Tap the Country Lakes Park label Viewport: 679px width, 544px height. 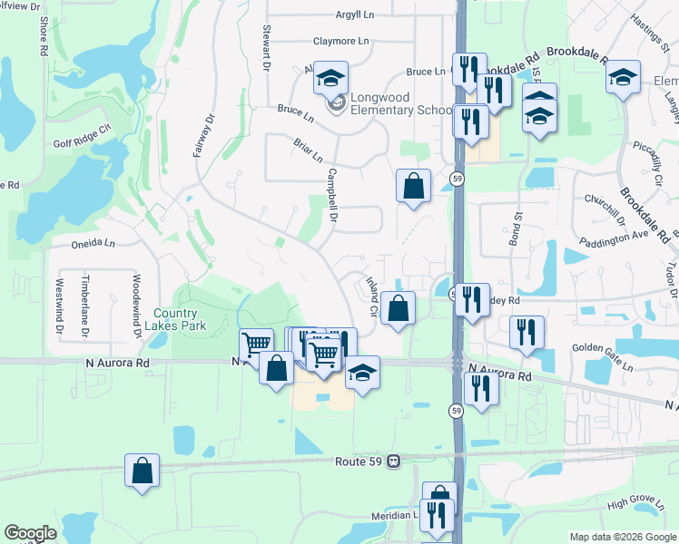[180, 319]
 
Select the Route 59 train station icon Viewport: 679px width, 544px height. [393, 461]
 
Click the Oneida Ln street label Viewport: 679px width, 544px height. [94, 243]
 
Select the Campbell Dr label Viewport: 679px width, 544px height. [331, 196]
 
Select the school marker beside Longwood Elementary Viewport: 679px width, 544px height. [331, 78]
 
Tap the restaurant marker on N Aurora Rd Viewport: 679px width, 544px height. [481, 388]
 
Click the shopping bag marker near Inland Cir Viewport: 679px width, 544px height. [398, 309]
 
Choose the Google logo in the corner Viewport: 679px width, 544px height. [30, 533]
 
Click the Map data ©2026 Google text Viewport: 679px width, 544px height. [623, 537]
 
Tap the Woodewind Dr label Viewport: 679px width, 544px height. [137, 306]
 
